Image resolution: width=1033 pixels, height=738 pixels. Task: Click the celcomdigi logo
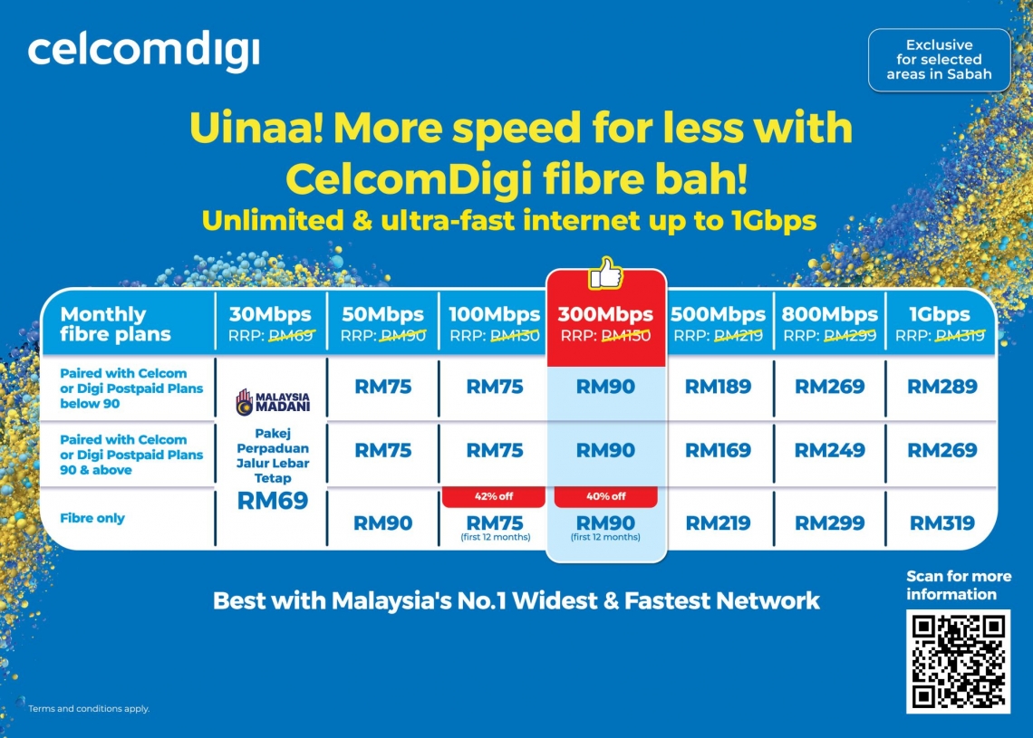(x=143, y=53)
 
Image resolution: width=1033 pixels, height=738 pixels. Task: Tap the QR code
(x=958, y=662)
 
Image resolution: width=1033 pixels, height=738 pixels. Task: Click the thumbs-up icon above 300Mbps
(x=606, y=273)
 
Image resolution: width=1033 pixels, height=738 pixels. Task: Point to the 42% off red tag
(x=494, y=496)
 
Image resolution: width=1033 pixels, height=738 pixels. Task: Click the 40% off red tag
(x=605, y=496)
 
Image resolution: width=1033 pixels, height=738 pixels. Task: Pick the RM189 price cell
(x=718, y=387)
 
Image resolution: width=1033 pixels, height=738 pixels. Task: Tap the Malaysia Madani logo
(x=273, y=400)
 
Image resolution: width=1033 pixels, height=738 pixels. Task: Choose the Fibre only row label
(x=92, y=518)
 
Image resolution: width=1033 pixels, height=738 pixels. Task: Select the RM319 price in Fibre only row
(x=941, y=522)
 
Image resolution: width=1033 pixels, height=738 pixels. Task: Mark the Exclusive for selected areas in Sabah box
(x=939, y=60)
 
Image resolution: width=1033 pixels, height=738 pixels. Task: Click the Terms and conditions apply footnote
(x=89, y=708)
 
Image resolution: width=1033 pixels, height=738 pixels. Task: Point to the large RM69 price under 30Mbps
(x=273, y=501)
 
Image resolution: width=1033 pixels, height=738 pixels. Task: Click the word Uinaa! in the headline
(x=256, y=129)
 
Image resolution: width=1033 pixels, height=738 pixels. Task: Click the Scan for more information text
(x=959, y=585)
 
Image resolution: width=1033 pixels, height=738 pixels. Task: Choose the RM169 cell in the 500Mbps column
(x=718, y=450)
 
